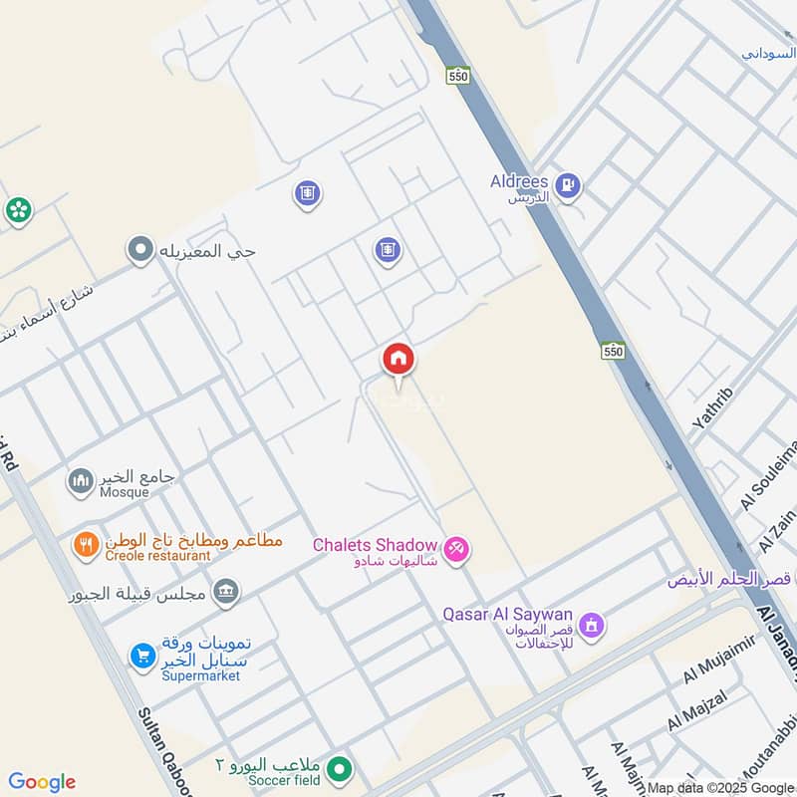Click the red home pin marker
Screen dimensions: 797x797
click(x=398, y=360)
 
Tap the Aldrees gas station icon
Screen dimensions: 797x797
click(x=568, y=184)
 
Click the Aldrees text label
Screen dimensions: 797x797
click(x=519, y=181)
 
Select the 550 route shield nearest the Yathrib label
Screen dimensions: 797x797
click(x=613, y=351)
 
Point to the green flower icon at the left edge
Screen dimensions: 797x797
click(x=18, y=210)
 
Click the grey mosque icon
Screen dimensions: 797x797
click(x=80, y=483)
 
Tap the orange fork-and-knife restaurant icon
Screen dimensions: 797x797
click(x=86, y=544)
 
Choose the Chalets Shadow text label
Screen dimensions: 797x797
click(x=375, y=545)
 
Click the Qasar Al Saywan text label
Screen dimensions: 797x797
click(x=508, y=615)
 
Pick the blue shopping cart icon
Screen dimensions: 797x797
click(x=142, y=656)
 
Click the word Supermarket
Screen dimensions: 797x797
click(x=201, y=675)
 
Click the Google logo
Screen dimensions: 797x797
click(x=42, y=782)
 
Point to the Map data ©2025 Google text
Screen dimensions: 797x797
click(x=719, y=787)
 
